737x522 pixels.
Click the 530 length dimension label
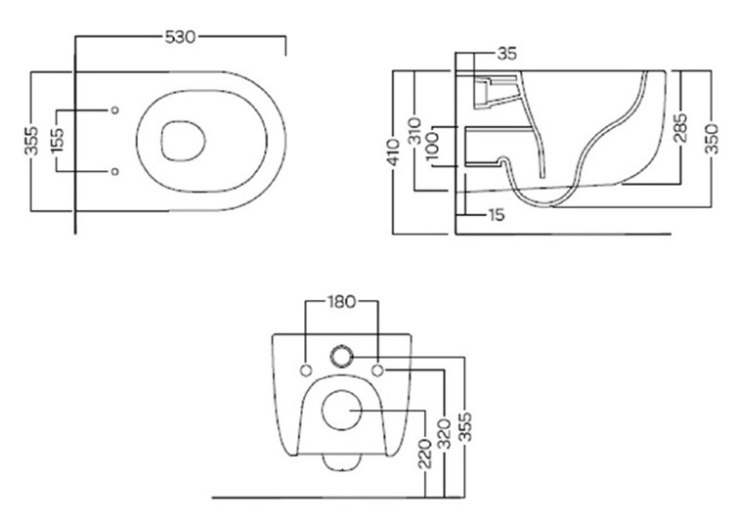(180, 37)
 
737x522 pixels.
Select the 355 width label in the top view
(32, 140)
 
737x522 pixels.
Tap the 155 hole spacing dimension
(57, 141)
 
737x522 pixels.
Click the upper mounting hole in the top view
(114, 110)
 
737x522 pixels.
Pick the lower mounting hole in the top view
(114, 172)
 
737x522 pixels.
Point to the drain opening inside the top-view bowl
(184, 141)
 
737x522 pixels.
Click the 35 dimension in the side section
(507, 54)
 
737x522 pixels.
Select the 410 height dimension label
(393, 152)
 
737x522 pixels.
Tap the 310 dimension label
(414, 131)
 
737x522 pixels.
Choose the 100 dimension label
(431, 146)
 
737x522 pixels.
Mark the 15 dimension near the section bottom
(496, 215)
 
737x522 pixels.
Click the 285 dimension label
(680, 127)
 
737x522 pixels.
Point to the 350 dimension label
(712, 139)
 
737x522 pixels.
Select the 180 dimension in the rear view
(342, 302)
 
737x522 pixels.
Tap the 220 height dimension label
(425, 454)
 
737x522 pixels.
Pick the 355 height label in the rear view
(464, 427)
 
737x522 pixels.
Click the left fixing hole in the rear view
(306, 370)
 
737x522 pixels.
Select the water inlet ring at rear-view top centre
(342, 356)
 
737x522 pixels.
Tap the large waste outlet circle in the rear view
(342, 410)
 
